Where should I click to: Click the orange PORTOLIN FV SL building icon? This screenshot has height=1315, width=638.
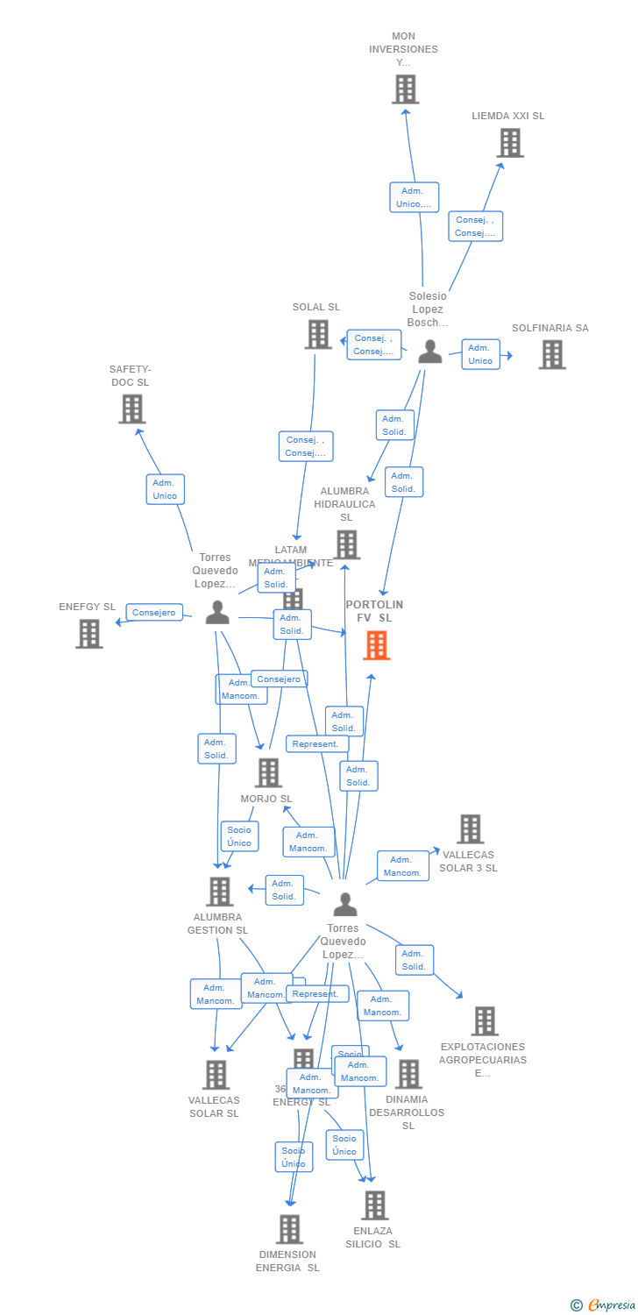point(376,645)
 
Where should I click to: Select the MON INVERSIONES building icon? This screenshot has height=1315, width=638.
point(405,89)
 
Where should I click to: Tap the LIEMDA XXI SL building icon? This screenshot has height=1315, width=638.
point(510,143)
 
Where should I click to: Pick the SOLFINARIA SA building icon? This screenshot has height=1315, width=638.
point(551,354)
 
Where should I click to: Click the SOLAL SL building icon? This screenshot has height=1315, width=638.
point(318,334)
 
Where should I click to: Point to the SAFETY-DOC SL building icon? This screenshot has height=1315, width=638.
point(131,409)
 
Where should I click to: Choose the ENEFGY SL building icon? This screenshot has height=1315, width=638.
point(89,633)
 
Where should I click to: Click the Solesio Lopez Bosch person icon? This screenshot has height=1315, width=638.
point(429,352)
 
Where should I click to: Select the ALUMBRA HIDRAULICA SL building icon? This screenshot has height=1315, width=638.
point(346,544)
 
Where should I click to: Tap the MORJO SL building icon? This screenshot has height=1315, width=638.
point(268,772)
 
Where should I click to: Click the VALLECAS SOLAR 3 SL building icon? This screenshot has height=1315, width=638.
point(470,828)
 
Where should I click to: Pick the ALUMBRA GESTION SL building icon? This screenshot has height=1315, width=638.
point(219,891)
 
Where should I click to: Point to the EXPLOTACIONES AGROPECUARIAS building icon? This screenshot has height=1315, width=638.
point(484,1020)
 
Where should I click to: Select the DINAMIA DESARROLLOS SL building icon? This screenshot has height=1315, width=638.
point(408,1074)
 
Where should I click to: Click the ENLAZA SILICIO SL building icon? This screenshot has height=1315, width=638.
point(374,1205)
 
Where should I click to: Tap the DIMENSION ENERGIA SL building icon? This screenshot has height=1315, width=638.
point(289,1229)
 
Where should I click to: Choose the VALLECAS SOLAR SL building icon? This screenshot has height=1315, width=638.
point(216,1075)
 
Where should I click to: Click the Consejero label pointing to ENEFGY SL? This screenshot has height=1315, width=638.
point(154,613)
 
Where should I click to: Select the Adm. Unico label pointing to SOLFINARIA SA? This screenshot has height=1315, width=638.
point(480,354)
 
